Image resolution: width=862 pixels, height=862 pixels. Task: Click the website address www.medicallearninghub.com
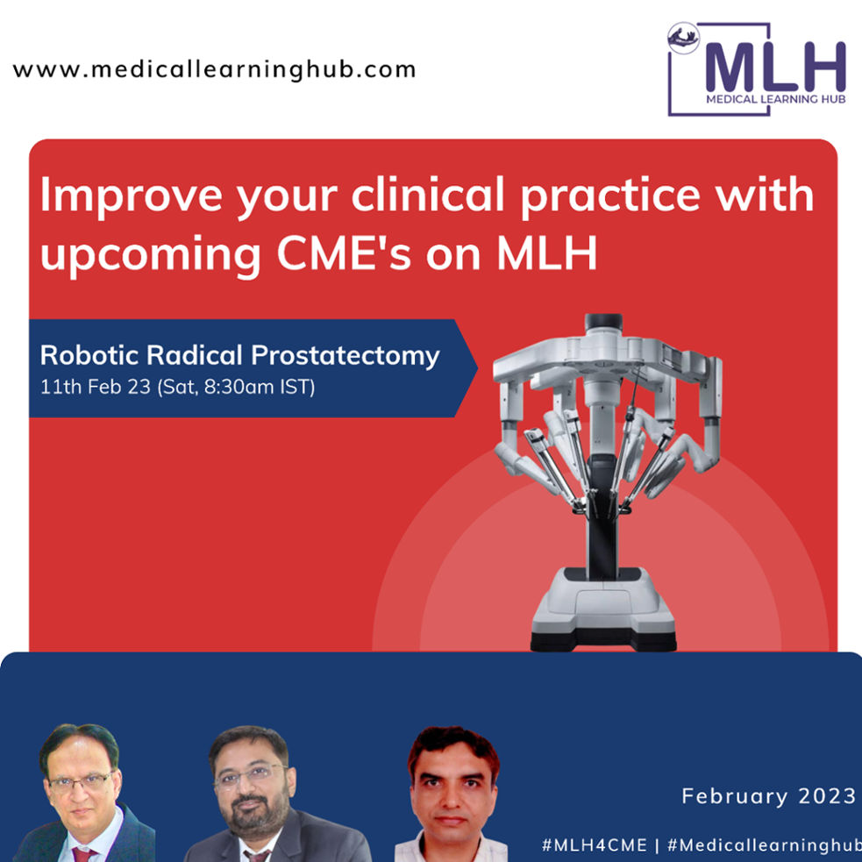(x=214, y=70)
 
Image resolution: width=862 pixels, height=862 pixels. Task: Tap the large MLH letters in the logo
(x=775, y=67)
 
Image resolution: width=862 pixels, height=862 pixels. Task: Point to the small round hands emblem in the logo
(x=683, y=38)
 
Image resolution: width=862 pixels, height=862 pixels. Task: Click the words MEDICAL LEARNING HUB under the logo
(x=776, y=99)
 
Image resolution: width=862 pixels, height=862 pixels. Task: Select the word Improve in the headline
(x=132, y=196)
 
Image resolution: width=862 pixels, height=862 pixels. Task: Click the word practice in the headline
(x=610, y=196)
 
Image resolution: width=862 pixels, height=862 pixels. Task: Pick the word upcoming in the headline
(x=150, y=256)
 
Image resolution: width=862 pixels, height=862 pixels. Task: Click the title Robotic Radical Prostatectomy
(x=239, y=355)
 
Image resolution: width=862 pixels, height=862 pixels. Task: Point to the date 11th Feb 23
(x=95, y=387)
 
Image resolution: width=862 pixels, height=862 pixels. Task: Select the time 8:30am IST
(x=258, y=387)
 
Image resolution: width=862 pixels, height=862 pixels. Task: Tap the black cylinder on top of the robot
(x=603, y=321)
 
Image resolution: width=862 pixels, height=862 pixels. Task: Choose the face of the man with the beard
(x=251, y=781)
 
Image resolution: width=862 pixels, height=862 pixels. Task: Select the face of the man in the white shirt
(x=452, y=786)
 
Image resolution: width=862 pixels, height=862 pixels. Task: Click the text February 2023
(x=768, y=796)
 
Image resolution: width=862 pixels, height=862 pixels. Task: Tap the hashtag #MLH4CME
(x=594, y=845)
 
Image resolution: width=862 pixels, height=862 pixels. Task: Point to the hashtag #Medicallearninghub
(x=764, y=845)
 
